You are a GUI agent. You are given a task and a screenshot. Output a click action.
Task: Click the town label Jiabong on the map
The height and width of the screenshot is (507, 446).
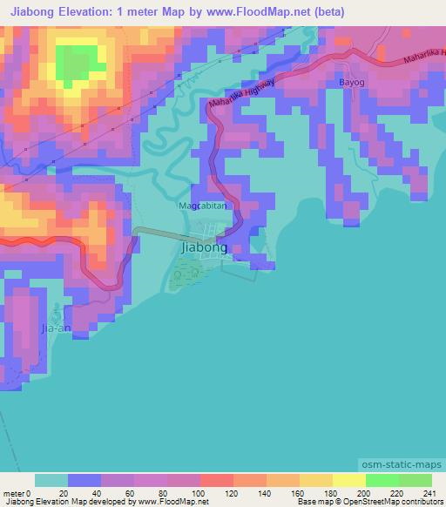click(204, 247)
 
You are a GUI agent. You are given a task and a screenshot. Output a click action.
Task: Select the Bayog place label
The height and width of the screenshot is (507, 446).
click(350, 84)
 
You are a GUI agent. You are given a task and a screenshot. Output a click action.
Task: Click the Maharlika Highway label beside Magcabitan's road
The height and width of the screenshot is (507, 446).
click(244, 93)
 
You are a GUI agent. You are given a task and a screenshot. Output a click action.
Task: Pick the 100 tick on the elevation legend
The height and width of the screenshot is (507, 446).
click(200, 493)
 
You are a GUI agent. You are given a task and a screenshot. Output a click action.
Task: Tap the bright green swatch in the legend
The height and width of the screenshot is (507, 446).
click(382, 480)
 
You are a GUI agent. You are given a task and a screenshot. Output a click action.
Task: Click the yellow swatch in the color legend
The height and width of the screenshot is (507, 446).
click(348, 480)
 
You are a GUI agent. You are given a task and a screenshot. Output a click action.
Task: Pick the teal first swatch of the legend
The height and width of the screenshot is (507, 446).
click(51, 480)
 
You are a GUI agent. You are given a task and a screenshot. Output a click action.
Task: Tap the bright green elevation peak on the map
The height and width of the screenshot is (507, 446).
click(77, 61)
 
